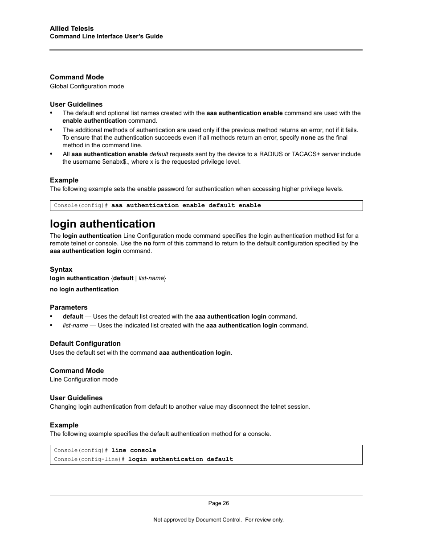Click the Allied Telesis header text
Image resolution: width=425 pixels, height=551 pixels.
pos(72,29)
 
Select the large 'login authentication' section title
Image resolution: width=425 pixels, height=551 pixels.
pos(102,224)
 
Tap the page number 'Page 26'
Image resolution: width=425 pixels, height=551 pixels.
pos(218,503)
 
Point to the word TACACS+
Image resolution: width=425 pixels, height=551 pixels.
pos(306,154)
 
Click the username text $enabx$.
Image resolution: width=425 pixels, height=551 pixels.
pos(115,162)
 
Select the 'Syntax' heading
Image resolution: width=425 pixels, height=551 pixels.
pos(61,269)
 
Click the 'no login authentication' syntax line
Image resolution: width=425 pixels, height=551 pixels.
pos(84,290)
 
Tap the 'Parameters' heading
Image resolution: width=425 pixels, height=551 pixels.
pos(69,307)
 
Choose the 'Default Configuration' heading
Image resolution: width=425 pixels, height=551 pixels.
pos(85,344)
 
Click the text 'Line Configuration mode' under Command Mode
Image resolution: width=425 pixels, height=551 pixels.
pos(84,380)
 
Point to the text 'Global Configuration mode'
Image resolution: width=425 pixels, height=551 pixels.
pos(87,87)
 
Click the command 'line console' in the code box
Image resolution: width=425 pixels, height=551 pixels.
pos(134,451)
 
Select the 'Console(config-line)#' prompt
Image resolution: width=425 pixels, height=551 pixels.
pos(89,460)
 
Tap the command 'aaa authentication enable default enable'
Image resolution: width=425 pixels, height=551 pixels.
pos(186,206)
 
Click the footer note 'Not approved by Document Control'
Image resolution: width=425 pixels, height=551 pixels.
pos(197,520)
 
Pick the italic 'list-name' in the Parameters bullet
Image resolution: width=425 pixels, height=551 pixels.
pos(75,326)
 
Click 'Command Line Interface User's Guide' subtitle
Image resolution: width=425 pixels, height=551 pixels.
pos(106,37)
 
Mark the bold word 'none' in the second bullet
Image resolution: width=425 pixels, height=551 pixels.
pos(308,138)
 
